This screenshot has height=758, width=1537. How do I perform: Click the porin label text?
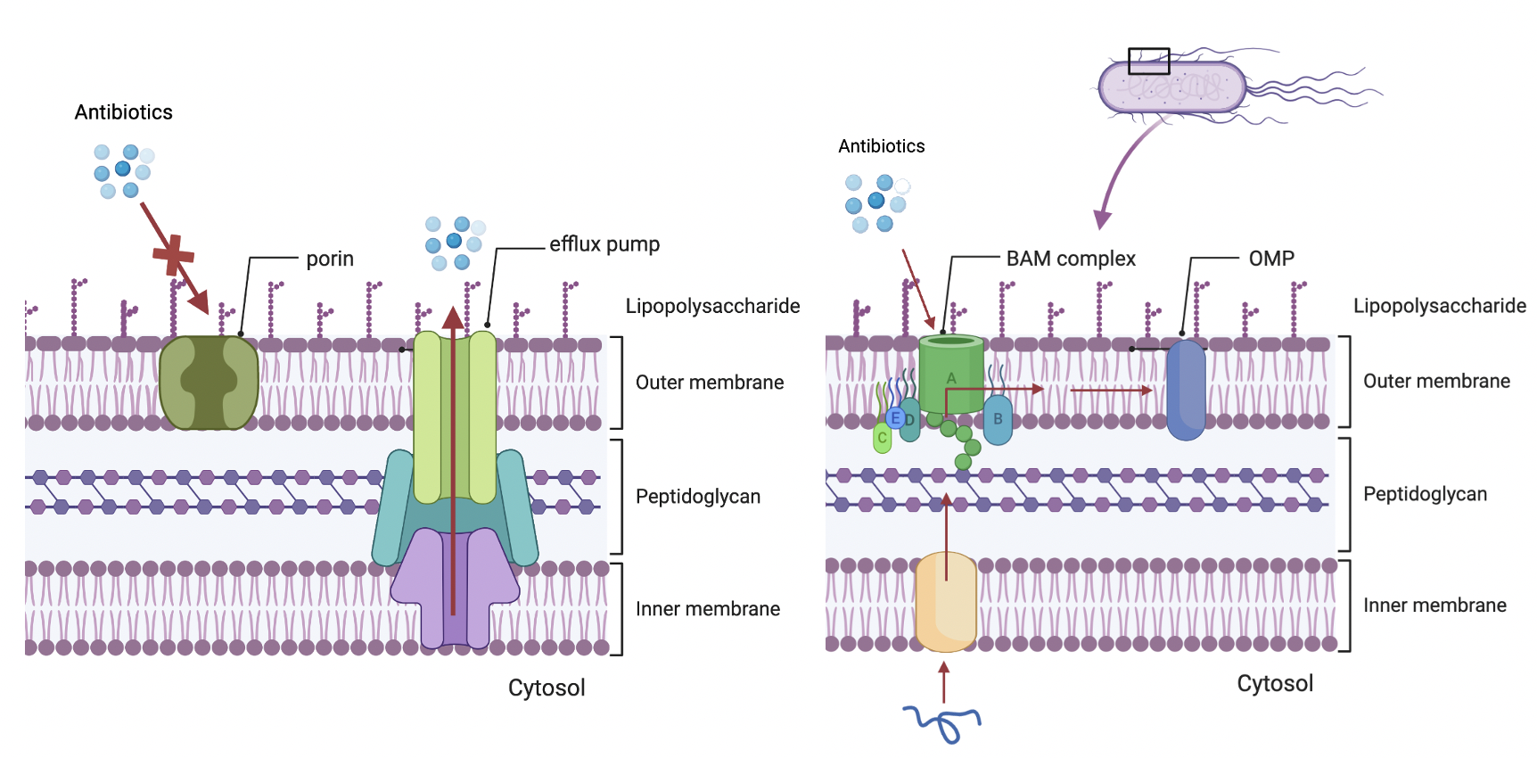[x=330, y=259]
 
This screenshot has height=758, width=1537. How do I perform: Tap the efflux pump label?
[x=604, y=244]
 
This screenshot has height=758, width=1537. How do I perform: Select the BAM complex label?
[x=1070, y=259]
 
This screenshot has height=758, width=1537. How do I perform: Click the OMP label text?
[x=1270, y=259]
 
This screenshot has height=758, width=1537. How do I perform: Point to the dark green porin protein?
[x=209, y=383]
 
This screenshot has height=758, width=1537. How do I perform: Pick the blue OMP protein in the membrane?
[x=1186, y=391]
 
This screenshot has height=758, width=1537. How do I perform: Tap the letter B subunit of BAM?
[x=998, y=420]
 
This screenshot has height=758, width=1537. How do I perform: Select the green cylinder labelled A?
[x=951, y=375]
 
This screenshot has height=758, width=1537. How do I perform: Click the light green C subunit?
[x=882, y=438]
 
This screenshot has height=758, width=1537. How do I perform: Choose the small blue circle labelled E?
[x=895, y=417]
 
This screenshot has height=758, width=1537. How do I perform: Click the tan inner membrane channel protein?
[x=946, y=602]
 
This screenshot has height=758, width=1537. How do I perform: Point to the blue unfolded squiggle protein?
[x=942, y=721]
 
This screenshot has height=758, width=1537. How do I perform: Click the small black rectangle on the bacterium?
[x=1148, y=61]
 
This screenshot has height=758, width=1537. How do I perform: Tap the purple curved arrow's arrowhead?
[x=1103, y=218]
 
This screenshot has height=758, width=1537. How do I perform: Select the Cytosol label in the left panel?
[x=547, y=688]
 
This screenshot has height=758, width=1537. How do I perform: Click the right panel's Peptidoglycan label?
[x=1425, y=494]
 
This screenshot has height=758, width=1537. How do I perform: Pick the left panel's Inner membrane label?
[x=707, y=609]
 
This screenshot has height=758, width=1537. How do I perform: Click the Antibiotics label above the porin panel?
[x=123, y=112]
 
